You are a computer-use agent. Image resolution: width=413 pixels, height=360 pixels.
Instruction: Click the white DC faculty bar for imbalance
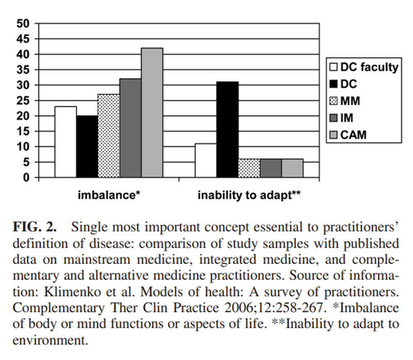coord(66,142)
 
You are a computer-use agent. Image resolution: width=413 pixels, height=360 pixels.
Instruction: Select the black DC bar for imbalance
coord(87,146)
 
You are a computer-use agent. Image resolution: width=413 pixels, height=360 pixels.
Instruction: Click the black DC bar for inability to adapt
coord(227,129)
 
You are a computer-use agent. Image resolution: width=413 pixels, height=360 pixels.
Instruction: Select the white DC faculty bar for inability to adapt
coord(205,160)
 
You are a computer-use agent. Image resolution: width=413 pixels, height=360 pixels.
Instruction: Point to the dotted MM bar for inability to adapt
coord(249,168)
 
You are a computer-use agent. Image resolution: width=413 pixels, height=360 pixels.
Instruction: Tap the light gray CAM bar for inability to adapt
coord(292,168)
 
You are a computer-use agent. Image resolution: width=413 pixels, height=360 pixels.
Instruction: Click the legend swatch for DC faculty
coord(333,67)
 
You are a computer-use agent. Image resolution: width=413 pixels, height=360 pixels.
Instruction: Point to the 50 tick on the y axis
coord(22,23)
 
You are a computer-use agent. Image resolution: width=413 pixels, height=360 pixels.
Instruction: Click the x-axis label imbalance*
coord(109,195)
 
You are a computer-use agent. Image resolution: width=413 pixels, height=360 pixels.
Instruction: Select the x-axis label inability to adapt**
coord(249,195)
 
